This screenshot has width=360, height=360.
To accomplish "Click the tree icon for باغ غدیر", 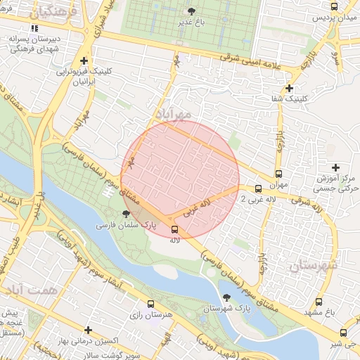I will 192,11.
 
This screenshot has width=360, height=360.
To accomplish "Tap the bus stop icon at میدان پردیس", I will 333,6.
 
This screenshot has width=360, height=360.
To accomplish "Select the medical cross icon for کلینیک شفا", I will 288,88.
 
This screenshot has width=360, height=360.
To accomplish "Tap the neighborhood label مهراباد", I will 172,114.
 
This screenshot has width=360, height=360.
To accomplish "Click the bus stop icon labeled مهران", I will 278,174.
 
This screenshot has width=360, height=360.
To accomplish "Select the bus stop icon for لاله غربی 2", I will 259,188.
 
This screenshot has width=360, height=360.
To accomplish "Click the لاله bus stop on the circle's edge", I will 174,229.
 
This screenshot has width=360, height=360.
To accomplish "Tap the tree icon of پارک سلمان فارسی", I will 126,214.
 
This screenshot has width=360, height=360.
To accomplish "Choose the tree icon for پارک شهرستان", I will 226,297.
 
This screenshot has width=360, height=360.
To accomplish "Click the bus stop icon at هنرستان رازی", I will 150,304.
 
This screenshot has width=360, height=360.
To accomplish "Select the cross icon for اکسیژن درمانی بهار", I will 88,330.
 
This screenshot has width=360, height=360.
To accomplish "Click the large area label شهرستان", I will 313,265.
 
